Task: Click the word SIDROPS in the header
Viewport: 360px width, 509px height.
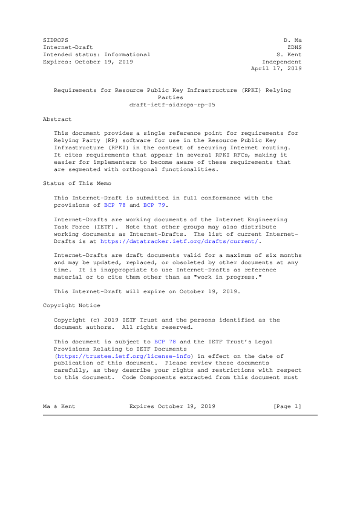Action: [56, 39]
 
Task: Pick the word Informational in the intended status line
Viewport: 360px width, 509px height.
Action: [127, 54]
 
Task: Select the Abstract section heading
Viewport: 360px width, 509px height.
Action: [57, 119]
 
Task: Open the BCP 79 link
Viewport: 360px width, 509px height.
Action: [154, 204]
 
